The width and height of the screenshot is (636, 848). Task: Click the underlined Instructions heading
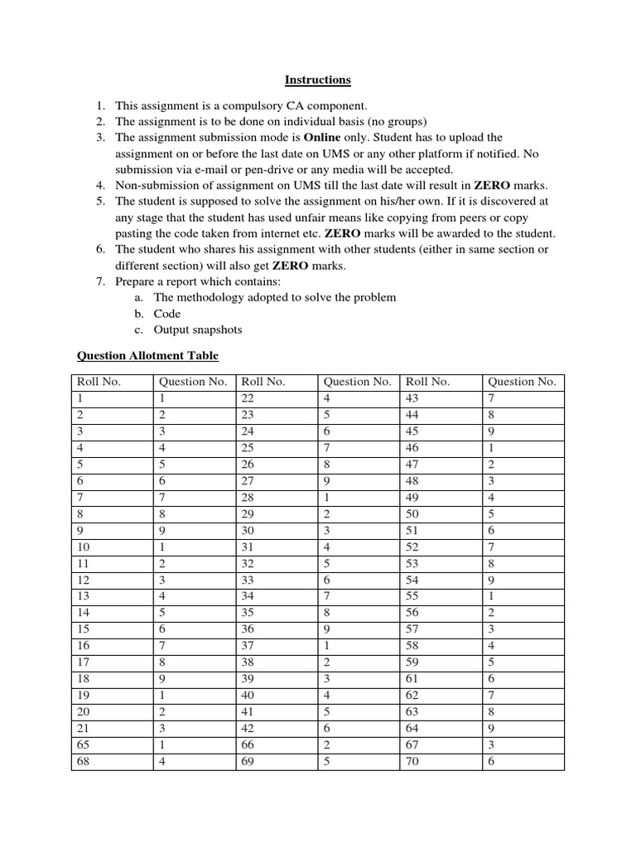point(318,80)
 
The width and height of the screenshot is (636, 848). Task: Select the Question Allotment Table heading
point(148,356)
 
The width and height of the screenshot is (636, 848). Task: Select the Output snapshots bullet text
point(198,330)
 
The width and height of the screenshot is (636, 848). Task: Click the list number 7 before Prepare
point(99,282)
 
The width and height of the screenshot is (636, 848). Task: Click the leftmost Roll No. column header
point(99,382)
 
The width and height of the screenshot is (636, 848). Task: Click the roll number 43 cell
point(412,398)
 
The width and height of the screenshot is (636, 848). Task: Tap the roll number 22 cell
point(248,398)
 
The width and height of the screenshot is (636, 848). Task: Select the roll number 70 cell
point(412,761)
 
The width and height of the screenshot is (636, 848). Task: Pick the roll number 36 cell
point(248,629)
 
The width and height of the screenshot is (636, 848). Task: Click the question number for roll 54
point(492,580)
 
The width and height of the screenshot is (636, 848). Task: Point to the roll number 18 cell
point(83,679)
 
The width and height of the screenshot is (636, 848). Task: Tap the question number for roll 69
point(327,761)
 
